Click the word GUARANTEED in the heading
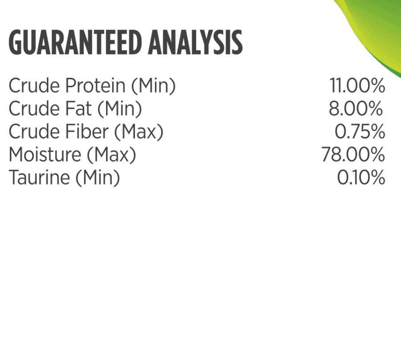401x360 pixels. click(x=75, y=42)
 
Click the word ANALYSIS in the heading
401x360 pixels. click(x=195, y=42)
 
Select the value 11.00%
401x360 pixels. click(x=357, y=85)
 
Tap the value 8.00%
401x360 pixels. click(x=356, y=108)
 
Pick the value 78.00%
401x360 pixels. click(x=353, y=154)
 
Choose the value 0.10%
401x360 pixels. click(x=361, y=178)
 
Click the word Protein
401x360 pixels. click(x=95, y=85)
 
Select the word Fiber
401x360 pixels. click(x=87, y=131)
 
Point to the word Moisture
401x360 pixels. click(x=45, y=154)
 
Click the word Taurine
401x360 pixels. click(x=39, y=178)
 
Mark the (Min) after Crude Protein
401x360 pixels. click(x=153, y=86)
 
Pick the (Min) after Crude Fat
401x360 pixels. click(x=119, y=109)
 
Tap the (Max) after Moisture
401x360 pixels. click(x=111, y=155)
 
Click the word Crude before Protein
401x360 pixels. click(x=34, y=85)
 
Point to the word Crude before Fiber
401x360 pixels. click(x=34, y=131)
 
